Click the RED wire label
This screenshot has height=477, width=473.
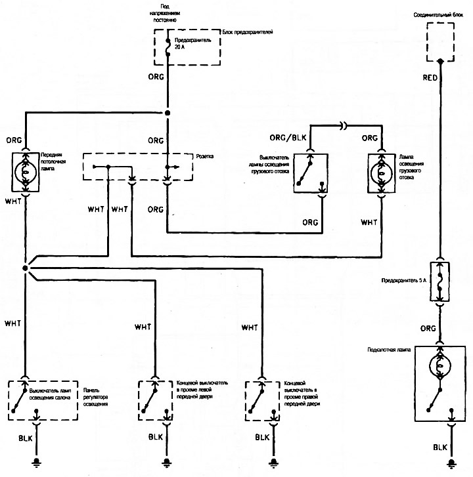[x=430, y=78]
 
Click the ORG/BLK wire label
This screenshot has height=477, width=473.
[x=288, y=138]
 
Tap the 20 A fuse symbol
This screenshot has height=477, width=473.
[x=168, y=47]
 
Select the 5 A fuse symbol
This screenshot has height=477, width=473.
[x=439, y=281]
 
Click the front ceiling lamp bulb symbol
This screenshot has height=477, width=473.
[x=26, y=172]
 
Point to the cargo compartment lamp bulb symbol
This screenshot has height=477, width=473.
[x=381, y=173]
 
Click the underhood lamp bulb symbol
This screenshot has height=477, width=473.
[x=439, y=365]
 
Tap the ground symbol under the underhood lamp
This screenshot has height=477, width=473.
[x=451, y=463]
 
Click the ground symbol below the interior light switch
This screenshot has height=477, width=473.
[x=37, y=463]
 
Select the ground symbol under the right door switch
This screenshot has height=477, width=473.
[x=273, y=463]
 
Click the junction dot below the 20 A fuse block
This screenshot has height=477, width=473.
[x=168, y=113]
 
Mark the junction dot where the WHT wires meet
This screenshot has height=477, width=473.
[x=25, y=268]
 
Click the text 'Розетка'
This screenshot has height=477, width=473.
[x=205, y=156]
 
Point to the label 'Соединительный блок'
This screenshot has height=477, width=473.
[x=438, y=14]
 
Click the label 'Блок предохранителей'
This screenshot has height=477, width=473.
[x=248, y=32]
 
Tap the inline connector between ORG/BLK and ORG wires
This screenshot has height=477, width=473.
[x=344, y=125]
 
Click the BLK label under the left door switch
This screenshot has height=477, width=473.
[x=156, y=437]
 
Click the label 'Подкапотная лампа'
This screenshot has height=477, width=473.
[x=389, y=350]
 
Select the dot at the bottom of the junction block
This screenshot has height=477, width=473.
[x=439, y=61]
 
